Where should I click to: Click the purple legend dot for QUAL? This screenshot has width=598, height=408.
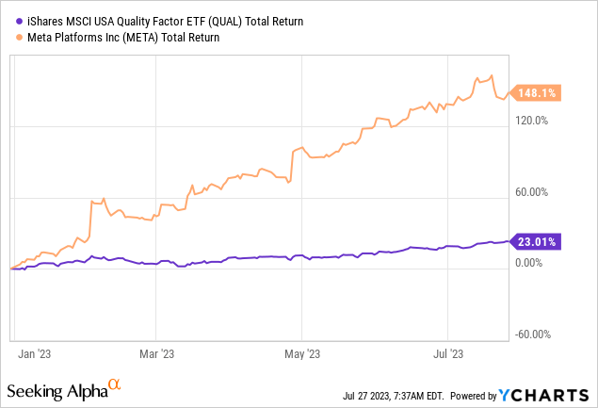coord(8,23)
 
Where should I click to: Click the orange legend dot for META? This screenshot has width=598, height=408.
coord(8,38)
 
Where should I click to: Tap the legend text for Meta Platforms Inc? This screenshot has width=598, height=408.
coord(117,38)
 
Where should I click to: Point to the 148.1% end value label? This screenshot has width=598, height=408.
coord(538,92)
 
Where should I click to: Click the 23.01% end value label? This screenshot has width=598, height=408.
coord(538,241)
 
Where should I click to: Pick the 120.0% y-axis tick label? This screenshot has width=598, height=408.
coord(535,121)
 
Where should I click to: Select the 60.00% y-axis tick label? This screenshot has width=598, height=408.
coord(535,193)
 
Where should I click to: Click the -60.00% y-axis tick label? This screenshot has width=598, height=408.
coord(535,334)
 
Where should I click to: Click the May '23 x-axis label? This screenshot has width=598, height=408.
coord(299,354)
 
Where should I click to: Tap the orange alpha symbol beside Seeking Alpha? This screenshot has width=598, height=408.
coord(114,384)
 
